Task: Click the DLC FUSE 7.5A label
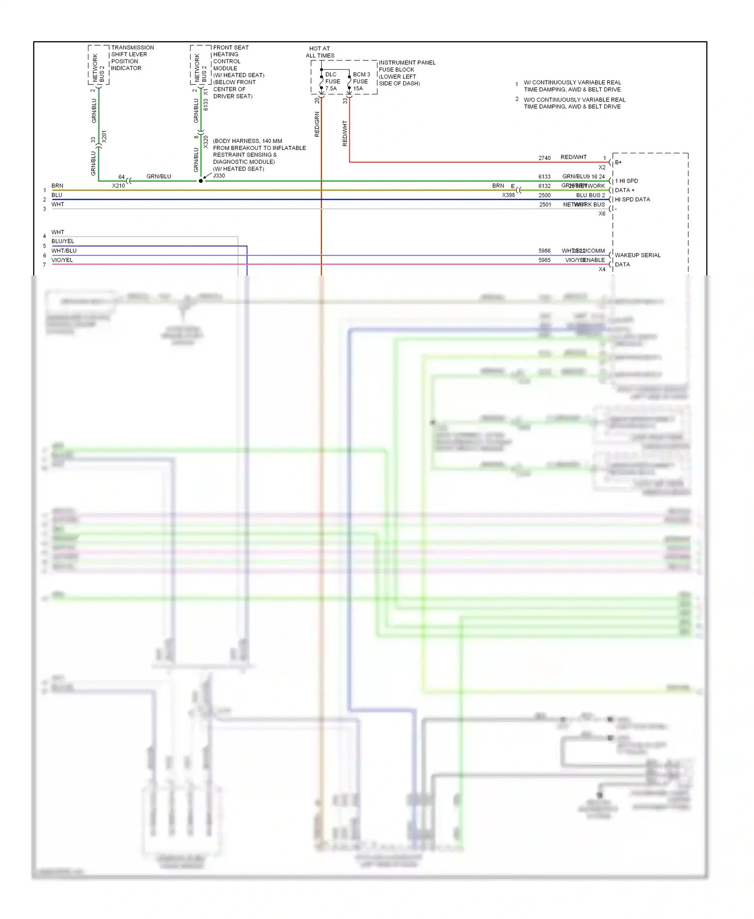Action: click(x=332, y=81)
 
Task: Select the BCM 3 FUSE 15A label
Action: click(x=361, y=81)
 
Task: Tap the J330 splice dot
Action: click(x=201, y=181)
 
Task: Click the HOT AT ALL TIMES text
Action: click(x=320, y=52)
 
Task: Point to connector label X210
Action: click(x=118, y=186)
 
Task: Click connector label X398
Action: click(x=508, y=195)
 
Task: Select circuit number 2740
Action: click(x=544, y=158)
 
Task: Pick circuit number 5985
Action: click(x=544, y=260)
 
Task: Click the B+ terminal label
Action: click(x=618, y=162)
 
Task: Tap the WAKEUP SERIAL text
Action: click(x=637, y=255)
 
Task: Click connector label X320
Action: click(x=206, y=142)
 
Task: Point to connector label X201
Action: click(x=104, y=137)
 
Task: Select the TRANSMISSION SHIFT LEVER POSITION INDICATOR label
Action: click(x=132, y=58)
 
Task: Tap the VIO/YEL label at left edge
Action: click(x=62, y=260)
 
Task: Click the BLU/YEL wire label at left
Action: click(x=62, y=241)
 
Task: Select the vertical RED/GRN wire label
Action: click(x=317, y=124)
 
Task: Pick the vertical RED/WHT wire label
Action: click(x=345, y=133)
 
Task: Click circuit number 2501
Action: click(x=545, y=205)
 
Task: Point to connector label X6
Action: click(x=602, y=214)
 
